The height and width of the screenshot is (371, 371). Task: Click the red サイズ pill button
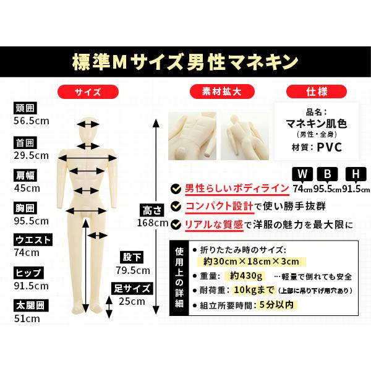click(88, 92)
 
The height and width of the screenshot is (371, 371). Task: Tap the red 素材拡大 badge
click(222, 92)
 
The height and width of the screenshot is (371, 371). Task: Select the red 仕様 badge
click(317, 92)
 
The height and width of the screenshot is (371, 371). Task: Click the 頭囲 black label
click(25, 108)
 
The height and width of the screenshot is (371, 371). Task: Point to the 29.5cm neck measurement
click(32, 155)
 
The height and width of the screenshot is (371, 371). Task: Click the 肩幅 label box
click(25, 176)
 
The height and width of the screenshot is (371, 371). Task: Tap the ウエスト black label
click(33, 240)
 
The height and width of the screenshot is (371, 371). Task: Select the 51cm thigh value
click(27, 318)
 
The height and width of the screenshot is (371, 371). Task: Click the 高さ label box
click(151, 210)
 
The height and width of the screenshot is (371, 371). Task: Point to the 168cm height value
click(153, 223)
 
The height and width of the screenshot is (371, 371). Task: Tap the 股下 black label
click(132, 257)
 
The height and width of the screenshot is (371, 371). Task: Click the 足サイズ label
click(132, 288)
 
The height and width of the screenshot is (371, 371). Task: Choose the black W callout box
click(302, 174)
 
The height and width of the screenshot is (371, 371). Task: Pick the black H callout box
click(356, 174)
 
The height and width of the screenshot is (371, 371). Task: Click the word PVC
click(330, 147)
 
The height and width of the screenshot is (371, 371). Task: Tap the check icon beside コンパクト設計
click(176, 207)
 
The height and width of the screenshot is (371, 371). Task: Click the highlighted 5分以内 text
click(276, 305)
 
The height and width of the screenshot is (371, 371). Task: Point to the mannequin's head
click(88, 130)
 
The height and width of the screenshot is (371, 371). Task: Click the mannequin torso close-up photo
click(192, 136)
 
